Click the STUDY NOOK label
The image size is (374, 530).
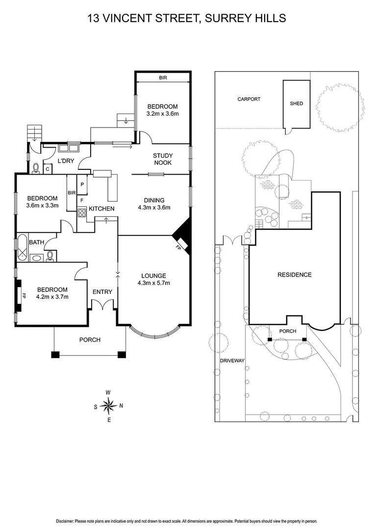pyautogui.click(x=163, y=159)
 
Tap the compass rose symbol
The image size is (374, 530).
pyautogui.click(x=108, y=405)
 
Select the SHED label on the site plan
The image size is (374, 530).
pyautogui.click(x=297, y=104)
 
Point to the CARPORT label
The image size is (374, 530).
pyautogui.click(x=249, y=99)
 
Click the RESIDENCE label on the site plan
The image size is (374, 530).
pyautogui.click(x=295, y=275)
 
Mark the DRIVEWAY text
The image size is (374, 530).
pyautogui.click(x=232, y=360)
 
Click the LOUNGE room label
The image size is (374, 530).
pyautogui.click(x=154, y=276)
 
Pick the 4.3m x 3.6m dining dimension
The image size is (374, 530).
pyautogui.click(x=154, y=208)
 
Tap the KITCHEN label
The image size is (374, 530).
pyautogui.click(x=101, y=209)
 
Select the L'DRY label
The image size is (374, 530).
pyautogui.click(x=66, y=160)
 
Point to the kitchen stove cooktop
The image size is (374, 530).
pyautogui.click(x=81, y=212)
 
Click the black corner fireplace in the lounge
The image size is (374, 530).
pyautogui.click(x=182, y=236)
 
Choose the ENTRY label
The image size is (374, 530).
pyautogui.click(x=102, y=292)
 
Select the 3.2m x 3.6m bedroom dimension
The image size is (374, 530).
pyautogui.click(x=162, y=114)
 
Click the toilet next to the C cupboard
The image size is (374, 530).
pyautogui.click(x=35, y=168)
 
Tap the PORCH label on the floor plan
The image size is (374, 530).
pyautogui.click(x=90, y=340)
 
